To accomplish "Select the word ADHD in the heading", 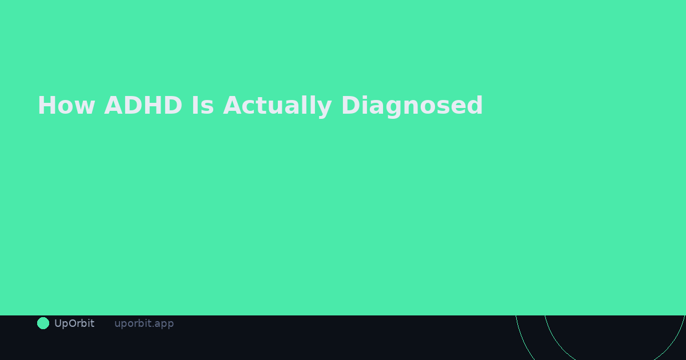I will coord(143,106).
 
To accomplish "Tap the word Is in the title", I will coord(202,106).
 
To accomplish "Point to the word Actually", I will coord(277,106).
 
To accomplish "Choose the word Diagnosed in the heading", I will coord(412,106).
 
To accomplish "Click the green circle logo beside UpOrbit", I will coord(43,323).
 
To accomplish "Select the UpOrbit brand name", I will coord(74,323).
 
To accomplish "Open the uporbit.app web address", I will coord(144,323).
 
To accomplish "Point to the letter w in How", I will coord(85,107).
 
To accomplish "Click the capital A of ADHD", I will coord(113,106).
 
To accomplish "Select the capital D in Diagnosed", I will coord(350,106).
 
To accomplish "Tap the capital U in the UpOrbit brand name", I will coord(58,323).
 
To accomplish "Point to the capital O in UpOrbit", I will coord(71,323).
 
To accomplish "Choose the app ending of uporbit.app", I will coord(164,324).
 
